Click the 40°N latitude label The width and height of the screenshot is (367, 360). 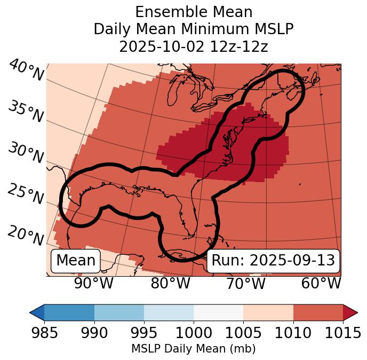[x=26, y=71]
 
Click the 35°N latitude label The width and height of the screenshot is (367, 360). [x=26, y=112]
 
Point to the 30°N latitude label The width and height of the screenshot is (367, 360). [x=26, y=153]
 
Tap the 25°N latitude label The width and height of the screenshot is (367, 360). [x=26, y=194]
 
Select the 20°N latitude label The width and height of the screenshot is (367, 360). [x=26, y=235]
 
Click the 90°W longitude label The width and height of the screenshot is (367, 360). [x=93, y=283]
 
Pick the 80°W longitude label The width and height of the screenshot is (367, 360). [x=170, y=283]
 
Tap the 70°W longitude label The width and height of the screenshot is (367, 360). [x=246, y=283]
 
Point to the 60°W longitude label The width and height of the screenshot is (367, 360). [x=321, y=283]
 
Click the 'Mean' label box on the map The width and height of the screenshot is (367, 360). [x=76, y=261]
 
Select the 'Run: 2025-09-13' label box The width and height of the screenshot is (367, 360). [x=273, y=261]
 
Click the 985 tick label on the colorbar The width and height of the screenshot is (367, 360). [x=44, y=333]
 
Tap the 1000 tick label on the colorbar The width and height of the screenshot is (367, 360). [x=194, y=333]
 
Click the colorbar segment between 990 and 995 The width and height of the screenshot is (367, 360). [x=119, y=312]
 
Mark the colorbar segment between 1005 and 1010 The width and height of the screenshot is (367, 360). [x=268, y=312]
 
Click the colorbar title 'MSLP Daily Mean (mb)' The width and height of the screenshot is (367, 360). [x=193, y=349]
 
